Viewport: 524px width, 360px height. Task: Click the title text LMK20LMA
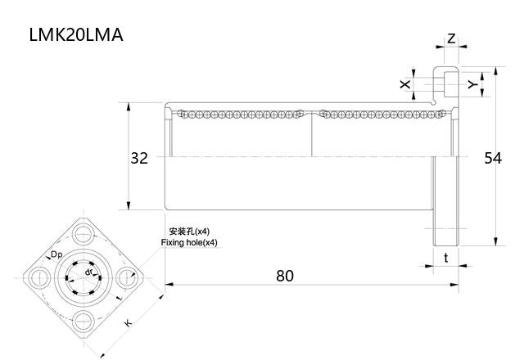(75, 35)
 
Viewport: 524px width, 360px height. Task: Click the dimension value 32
(139, 158)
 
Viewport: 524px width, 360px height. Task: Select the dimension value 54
(492, 158)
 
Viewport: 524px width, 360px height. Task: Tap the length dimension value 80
(284, 276)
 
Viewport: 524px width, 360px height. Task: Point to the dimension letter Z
(451, 38)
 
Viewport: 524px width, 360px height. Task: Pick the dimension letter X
(404, 84)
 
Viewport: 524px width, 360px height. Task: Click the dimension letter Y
(472, 84)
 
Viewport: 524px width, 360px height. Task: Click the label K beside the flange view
(128, 323)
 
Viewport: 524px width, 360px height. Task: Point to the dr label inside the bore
(88, 272)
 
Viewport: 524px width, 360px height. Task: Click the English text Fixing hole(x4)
(190, 243)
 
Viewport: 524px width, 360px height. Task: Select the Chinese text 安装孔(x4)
(189, 232)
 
